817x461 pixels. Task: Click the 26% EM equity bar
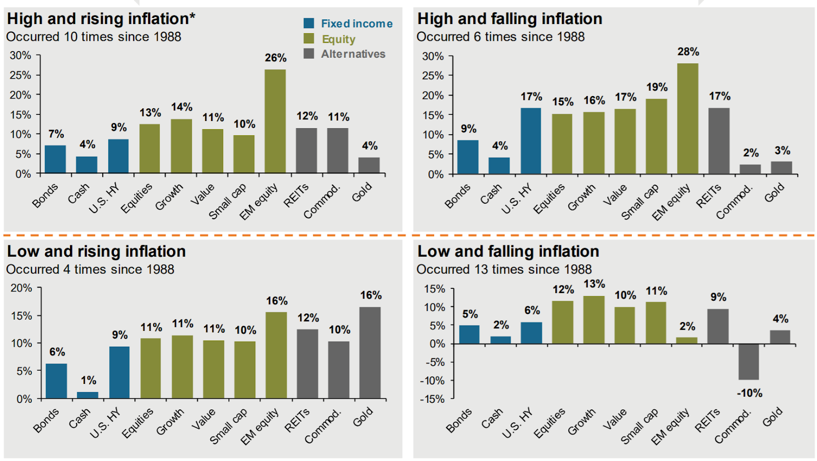coord(275,122)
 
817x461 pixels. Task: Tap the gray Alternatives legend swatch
coord(308,54)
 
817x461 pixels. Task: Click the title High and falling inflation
coord(510,19)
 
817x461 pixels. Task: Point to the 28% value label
coord(688,52)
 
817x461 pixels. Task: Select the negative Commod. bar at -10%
coord(749,362)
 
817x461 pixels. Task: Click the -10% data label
coord(749,393)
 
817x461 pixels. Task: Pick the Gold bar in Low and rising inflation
coord(370,352)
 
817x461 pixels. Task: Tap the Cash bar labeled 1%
coord(87,395)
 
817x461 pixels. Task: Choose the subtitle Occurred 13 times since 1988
coord(504,269)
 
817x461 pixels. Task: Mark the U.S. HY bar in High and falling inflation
coord(531,141)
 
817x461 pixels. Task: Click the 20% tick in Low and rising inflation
coord(21,288)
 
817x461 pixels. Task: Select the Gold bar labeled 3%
coord(781,168)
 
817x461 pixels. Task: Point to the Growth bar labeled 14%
coord(181,146)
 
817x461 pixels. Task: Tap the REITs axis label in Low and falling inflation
coord(708,421)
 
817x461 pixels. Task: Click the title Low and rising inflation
coord(97,252)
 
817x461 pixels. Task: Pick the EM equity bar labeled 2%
coord(687,341)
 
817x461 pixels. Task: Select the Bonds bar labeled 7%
coord(55,159)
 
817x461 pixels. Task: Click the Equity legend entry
coord(338,39)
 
